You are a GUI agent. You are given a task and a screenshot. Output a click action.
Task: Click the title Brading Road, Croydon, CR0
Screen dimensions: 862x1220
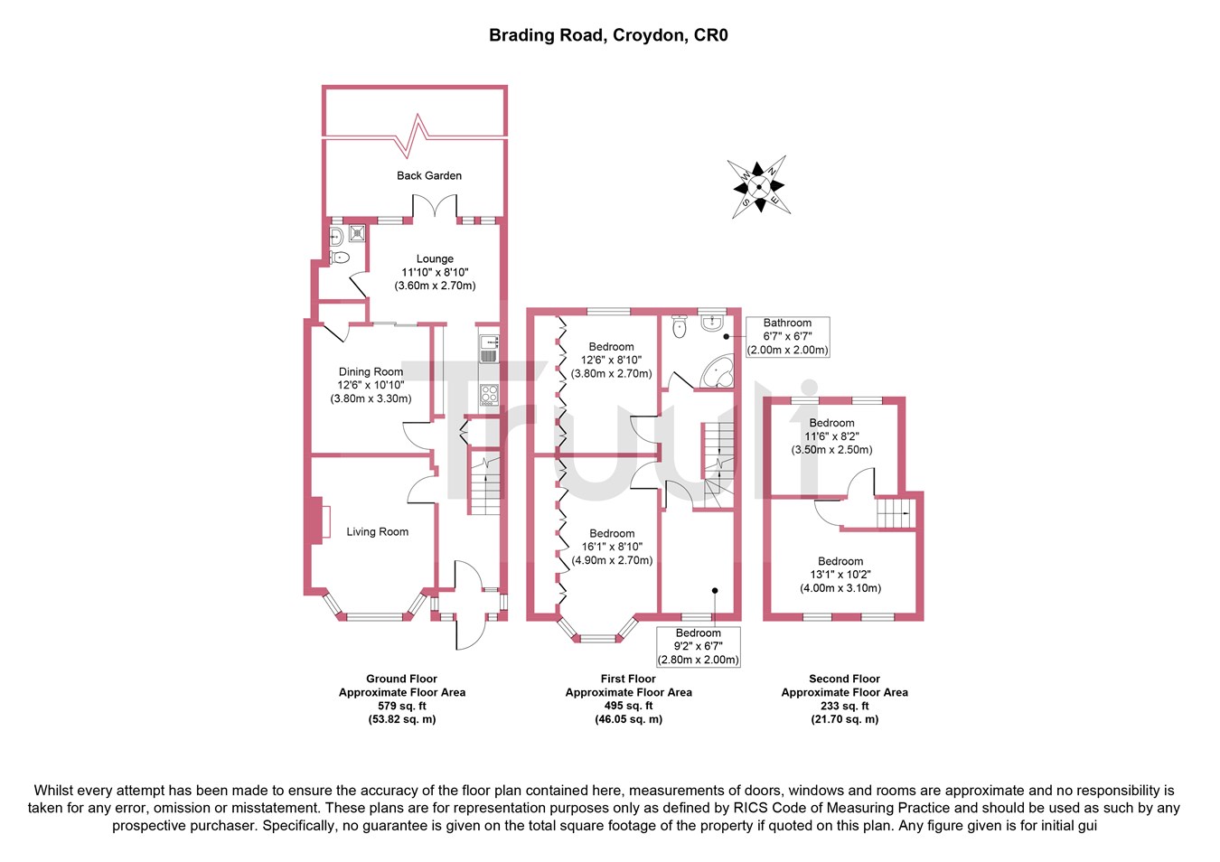(x=608, y=36)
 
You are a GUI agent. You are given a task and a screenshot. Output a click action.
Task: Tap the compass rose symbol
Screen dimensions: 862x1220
(x=759, y=187)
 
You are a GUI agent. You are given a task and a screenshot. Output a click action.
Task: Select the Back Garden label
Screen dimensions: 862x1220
(x=429, y=175)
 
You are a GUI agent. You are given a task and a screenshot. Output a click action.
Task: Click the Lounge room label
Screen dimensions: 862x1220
(x=435, y=258)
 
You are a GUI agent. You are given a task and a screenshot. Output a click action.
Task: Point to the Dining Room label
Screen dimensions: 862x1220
(x=371, y=371)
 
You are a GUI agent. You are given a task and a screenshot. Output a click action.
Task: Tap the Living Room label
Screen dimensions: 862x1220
(x=377, y=532)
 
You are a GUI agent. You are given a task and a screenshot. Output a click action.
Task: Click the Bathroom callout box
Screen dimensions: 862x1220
(x=787, y=336)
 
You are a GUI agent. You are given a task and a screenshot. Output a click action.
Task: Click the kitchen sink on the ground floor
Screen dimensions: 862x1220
(x=488, y=348)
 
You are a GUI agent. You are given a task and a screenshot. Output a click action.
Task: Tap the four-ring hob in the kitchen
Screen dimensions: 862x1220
(x=488, y=393)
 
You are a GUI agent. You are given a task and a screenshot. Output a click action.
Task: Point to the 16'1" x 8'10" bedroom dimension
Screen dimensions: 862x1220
(x=612, y=547)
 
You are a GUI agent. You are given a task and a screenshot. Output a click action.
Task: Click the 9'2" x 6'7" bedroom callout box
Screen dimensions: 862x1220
(x=699, y=647)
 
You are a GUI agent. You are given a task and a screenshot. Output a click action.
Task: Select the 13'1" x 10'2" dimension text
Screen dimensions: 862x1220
(x=840, y=575)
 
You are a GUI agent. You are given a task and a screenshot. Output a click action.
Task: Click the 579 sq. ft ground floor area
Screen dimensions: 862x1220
(x=402, y=706)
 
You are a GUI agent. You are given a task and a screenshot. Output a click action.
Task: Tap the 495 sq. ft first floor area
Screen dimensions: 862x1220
(x=628, y=706)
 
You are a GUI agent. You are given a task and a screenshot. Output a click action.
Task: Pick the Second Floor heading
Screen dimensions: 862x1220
(x=844, y=679)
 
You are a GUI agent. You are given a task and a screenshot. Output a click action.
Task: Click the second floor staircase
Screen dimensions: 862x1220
(x=894, y=513)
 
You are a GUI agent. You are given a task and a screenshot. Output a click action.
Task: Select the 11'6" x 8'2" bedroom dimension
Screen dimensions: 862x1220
(x=831, y=436)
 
